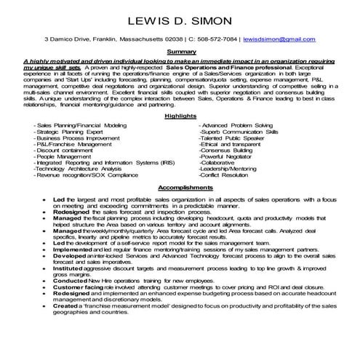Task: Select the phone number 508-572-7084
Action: pos(212,38)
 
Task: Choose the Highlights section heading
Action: pos(180,116)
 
